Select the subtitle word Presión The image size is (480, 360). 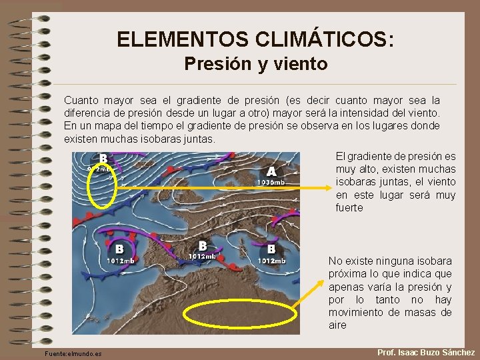pos(211,64)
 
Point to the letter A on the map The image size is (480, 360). pos(271,171)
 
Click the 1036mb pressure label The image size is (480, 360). pos(271,182)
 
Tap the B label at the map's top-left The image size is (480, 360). pos(103,159)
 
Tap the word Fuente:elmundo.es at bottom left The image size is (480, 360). pos(69,353)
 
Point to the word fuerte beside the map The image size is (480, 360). pos(349,207)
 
